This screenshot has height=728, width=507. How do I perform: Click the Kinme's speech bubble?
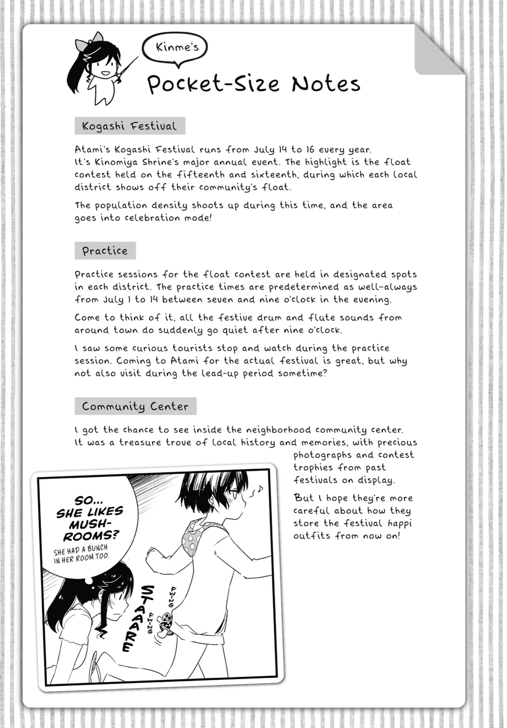(x=175, y=47)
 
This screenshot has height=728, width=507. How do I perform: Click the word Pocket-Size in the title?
(x=213, y=84)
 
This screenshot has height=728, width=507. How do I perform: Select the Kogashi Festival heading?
(x=130, y=126)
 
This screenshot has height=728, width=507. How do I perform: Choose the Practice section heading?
(x=105, y=251)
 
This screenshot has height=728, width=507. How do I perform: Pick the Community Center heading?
(x=135, y=406)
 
